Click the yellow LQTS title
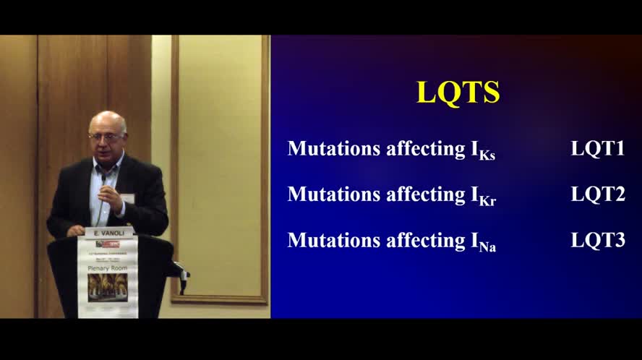(x=458, y=93)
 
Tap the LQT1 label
(x=597, y=148)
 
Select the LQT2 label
(x=597, y=194)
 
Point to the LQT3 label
(x=597, y=240)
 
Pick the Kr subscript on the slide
(x=485, y=200)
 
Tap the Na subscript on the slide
(x=487, y=247)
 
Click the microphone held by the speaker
(x=104, y=179)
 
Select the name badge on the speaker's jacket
(x=128, y=197)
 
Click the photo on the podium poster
(x=107, y=287)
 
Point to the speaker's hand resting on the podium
(x=76, y=231)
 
